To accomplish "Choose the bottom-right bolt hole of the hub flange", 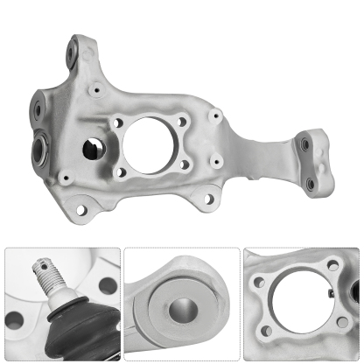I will click(183, 163).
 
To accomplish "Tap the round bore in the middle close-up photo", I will click(184, 311).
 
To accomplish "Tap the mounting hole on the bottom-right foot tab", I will click(208, 199).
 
